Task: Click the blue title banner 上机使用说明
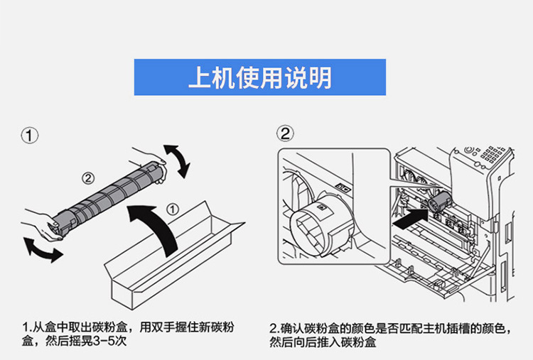point(259,77)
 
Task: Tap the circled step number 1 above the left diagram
point(30,136)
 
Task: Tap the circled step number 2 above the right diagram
point(285,133)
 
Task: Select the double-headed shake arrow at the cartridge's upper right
point(176,160)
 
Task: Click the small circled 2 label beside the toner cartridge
point(88,178)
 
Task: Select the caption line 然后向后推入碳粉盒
point(323,342)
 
